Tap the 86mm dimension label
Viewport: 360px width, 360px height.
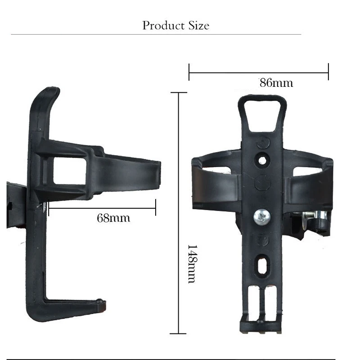click(276, 83)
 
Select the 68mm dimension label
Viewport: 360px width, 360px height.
click(113, 218)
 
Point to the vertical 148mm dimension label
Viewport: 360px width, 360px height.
click(191, 264)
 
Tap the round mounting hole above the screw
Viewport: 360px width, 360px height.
click(261, 160)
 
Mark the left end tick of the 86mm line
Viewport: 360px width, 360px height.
click(189, 72)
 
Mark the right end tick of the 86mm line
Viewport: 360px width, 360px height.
click(328, 72)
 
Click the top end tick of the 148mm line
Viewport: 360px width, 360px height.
click(179, 93)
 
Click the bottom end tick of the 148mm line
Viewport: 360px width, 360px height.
click(179, 333)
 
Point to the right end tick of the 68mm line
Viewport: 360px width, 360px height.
click(156, 208)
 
